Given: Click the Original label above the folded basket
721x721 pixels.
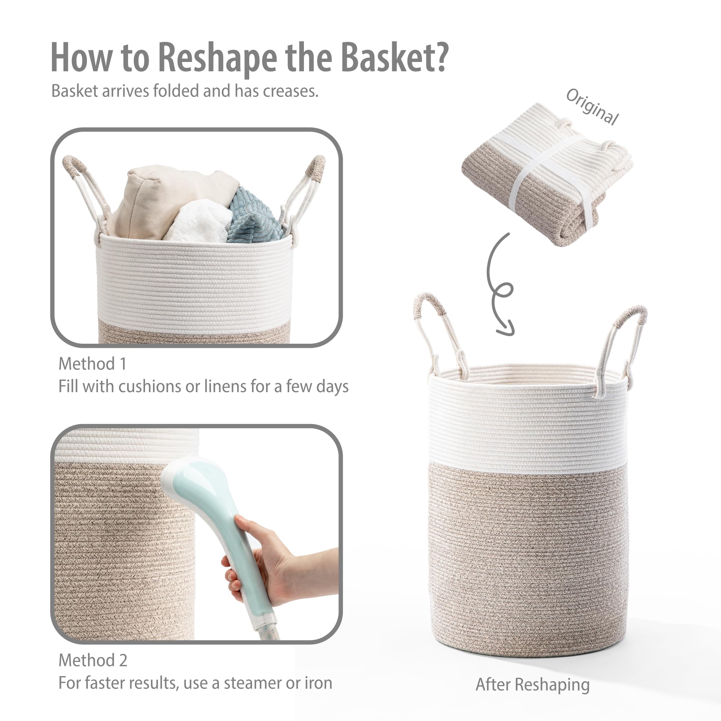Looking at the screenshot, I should (592, 107).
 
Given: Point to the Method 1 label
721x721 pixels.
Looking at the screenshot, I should (92, 364).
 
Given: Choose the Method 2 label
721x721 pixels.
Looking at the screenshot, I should (93, 660).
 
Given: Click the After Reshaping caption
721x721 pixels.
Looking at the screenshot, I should (533, 684).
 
